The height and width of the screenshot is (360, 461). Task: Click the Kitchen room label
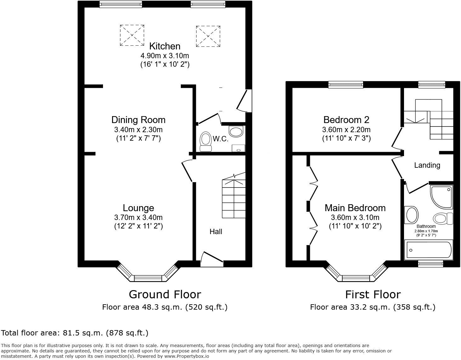coord(164,46)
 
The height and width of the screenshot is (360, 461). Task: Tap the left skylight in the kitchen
coord(132,35)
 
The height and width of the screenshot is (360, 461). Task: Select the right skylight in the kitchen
coord(208,37)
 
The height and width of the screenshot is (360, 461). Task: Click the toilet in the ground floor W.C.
coord(206,141)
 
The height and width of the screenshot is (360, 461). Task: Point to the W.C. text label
coord(220,139)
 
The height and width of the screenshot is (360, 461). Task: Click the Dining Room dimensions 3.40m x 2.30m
coord(138,129)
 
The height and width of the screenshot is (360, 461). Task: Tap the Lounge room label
coord(138,208)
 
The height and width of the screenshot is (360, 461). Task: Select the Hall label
coord(216,232)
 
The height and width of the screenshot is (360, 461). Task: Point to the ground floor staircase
coord(234,198)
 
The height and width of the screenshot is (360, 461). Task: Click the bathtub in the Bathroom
coord(428,250)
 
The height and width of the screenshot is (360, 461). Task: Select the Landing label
coord(427,165)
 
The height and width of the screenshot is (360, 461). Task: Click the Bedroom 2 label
coord(346,120)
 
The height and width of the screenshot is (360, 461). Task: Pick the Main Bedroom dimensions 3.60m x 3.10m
coord(355,217)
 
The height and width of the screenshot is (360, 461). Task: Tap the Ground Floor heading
coord(165,295)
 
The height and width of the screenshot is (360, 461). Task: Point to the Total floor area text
coord(75,333)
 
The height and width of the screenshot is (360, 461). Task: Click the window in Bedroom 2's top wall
coord(345,84)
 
